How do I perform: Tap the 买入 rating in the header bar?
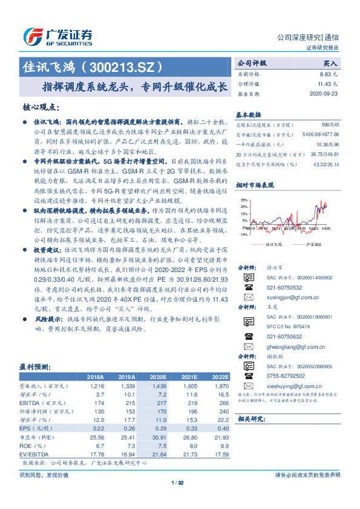click(330, 63)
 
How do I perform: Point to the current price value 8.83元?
click(330, 74)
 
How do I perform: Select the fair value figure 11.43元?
click(329, 84)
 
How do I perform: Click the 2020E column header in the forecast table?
click(157, 376)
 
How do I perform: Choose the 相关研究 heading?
click(252, 418)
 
